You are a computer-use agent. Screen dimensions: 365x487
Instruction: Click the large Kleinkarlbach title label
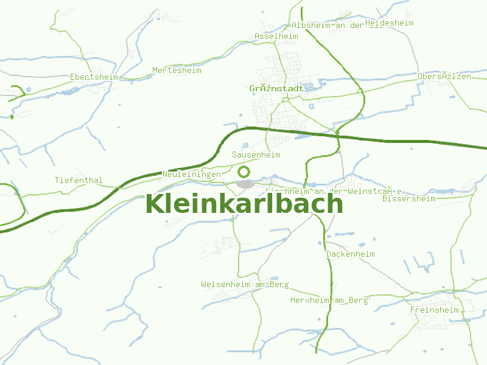[x=244, y=203]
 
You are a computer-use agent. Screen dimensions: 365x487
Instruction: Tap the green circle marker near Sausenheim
[x=244, y=172]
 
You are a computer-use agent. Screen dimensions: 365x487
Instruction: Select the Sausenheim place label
[x=256, y=155]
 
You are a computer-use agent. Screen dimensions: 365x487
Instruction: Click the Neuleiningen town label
[x=192, y=175]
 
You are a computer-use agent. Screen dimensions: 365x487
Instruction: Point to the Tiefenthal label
[x=79, y=181]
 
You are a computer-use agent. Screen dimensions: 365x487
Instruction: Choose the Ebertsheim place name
[x=94, y=77]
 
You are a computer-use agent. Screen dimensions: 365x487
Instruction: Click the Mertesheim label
[x=177, y=71]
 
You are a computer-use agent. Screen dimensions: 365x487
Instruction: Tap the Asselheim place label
[x=276, y=36]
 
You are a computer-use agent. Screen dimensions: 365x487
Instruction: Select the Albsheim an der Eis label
[x=337, y=26]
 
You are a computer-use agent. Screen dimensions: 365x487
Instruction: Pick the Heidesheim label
[x=390, y=23]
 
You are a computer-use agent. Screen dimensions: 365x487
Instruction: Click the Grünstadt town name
[x=276, y=89]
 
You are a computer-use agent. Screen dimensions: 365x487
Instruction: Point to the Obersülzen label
[x=444, y=77]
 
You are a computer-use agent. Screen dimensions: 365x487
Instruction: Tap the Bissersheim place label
[x=408, y=198]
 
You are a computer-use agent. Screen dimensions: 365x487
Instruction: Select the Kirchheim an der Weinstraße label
[x=333, y=191]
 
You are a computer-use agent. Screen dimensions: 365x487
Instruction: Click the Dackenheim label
[x=351, y=254]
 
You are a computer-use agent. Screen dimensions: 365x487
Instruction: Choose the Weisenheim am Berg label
[x=245, y=285]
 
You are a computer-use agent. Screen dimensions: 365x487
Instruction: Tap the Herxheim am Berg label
[x=329, y=301]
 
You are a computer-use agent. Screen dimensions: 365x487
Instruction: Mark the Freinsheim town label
[x=435, y=310]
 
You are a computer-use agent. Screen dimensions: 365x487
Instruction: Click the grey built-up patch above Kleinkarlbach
[x=245, y=184]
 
